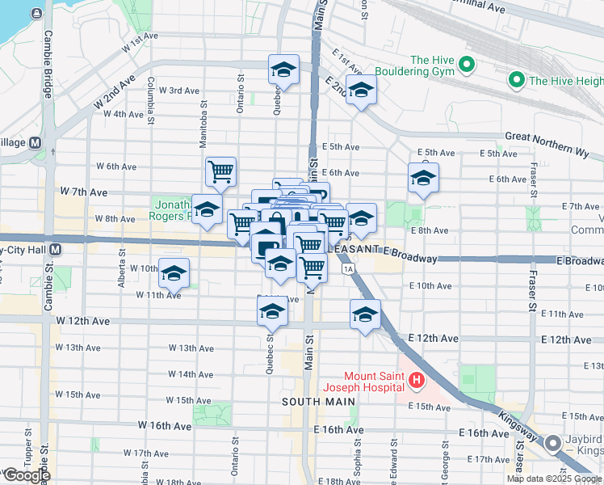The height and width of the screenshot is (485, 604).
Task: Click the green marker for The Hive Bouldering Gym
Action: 465,63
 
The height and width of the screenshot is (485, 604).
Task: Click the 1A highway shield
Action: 348,268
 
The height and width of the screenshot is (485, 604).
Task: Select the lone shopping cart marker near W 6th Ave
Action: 220,171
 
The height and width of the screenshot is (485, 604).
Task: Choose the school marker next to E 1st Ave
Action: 361,90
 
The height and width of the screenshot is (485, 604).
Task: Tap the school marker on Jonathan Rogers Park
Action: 208,209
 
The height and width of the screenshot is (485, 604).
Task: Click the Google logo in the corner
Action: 26,475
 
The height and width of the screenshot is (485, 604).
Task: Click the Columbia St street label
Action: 151,101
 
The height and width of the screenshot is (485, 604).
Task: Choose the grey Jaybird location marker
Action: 553,443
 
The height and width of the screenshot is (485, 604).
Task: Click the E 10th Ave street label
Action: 430,286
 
